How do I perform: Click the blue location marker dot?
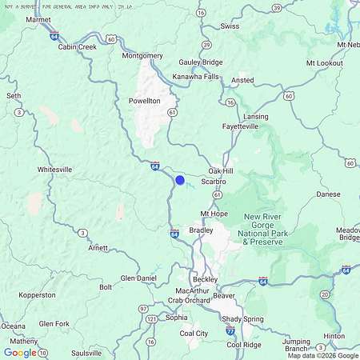pyautogui.click(x=180, y=181)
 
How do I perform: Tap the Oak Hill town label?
pyautogui.click(x=221, y=171)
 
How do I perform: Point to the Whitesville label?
pyautogui.click(x=54, y=170)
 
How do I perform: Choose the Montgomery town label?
pyautogui.click(x=142, y=56)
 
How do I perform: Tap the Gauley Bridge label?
pyautogui.click(x=201, y=62)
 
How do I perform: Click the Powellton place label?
pyautogui.click(x=144, y=102)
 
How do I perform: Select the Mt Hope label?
pyautogui.click(x=214, y=214)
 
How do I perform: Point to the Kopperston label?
pyautogui.click(x=37, y=295)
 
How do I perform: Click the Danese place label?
pyautogui.click(x=328, y=194)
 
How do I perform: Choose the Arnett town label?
pyautogui.click(x=98, y=248)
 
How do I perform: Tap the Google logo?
pyautogui.click(x=20, y=352)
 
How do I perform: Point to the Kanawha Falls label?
pyautogui.click(x=195, y=77)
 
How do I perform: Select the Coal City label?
pyautogui.click(x=194, y=333)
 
